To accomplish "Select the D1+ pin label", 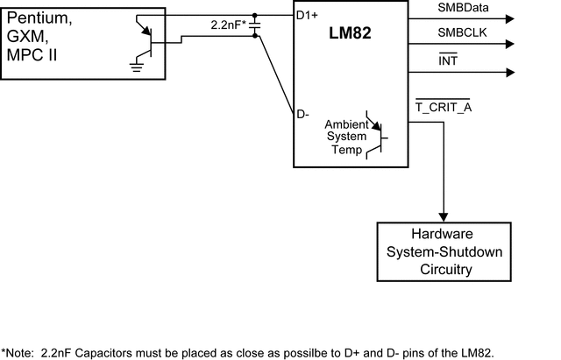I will (308, 15).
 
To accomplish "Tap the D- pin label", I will (303, 114).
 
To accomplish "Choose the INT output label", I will (423, 59).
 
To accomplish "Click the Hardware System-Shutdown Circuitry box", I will (443, 252).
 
